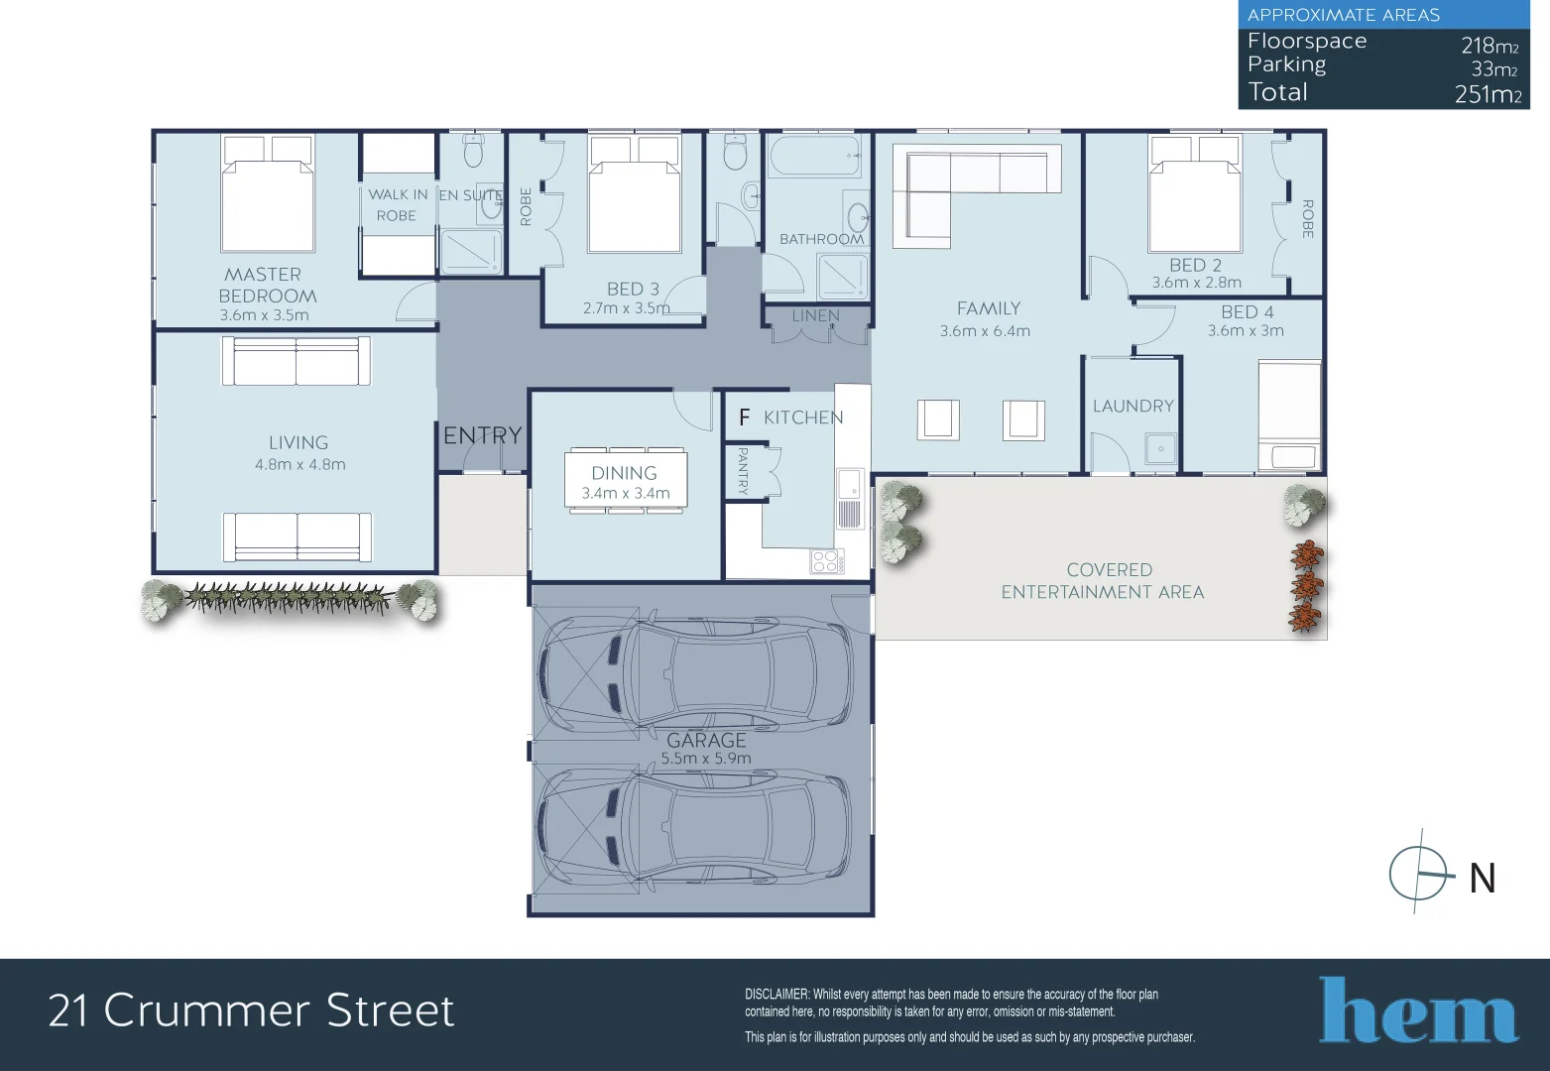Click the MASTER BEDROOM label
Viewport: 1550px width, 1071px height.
tap(267, 285)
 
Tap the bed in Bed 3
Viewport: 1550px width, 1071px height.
tap(635, 195)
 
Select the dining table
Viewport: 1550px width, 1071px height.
tap(625, 482)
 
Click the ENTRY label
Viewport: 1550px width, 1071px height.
tap(482, 435)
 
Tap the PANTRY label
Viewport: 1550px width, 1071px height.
tap(743, 470)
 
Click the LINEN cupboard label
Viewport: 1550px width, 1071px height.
tap(816, 315)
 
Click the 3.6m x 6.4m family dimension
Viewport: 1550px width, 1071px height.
tap(985, 331)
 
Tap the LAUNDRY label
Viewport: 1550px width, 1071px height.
tap(1133, 406)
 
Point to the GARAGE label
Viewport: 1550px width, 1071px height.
tap(706, 740)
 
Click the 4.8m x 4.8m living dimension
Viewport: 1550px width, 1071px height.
tap(300, 464)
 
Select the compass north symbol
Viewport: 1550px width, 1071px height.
tap(1420, 874)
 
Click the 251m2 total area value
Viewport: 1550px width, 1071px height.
tap(1487, 94)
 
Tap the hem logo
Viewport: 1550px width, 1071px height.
tap(1417, 1011)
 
